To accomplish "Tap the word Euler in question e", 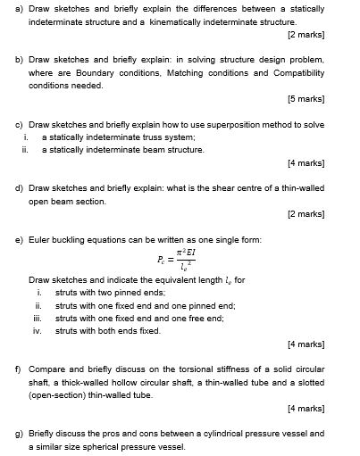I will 40,240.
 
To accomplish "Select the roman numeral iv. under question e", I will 38,330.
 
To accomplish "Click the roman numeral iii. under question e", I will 38,318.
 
